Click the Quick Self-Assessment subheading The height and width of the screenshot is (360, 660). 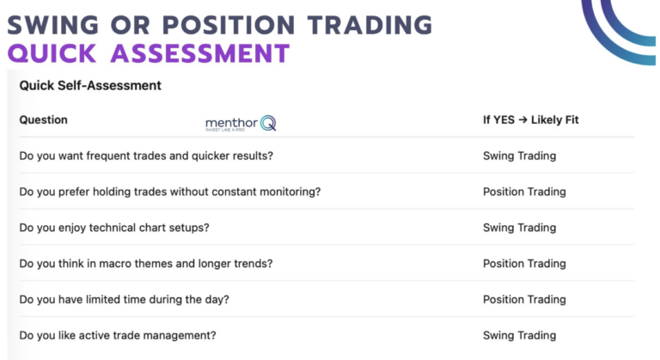[x=90, y=86]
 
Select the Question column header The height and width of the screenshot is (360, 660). [x=43, y=120]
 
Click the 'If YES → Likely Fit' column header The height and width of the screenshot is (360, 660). [x=530, y=120]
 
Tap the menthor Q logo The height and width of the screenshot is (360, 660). [x=240, y=124]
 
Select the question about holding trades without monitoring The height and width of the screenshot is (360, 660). [x=169, y=192]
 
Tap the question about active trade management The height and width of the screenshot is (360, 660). [x=117, y=335]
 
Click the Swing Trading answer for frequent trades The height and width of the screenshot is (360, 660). [x=519, y=156]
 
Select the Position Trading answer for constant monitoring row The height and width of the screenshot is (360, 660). [x=524, y=192]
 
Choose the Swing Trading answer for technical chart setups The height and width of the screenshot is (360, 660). [x=519, y=228]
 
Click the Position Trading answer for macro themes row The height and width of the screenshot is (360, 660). [x=524, y=264]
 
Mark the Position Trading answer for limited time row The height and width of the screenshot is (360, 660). [x=524, y=299]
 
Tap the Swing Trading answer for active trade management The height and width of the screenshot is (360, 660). [x=519, y=335]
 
